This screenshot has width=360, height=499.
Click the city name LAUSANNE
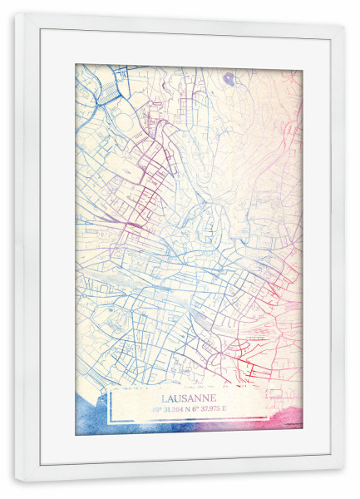[187, 398]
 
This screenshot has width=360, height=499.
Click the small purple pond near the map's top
[229, 78]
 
